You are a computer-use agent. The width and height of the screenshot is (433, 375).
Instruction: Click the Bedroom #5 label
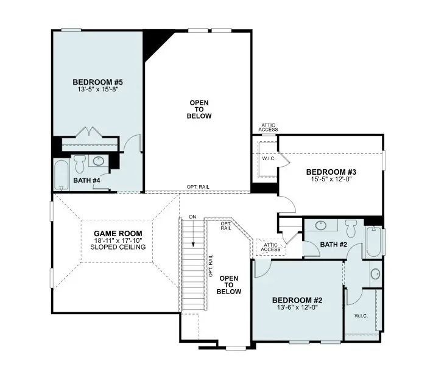pyautogui.click(x=98, y=82)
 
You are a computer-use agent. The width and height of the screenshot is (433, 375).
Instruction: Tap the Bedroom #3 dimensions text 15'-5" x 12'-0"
pyautogui.click(x=331, y=179)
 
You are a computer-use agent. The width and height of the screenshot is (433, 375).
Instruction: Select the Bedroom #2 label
pyautogui.click(x=297, y=300)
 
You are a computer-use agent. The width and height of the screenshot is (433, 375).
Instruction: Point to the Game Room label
pyautogui.click(x=118, y=234)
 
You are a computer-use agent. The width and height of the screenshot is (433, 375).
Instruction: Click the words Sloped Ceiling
pyautogui.click(x=118, y=247)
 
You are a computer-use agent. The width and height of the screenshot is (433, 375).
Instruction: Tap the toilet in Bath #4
pyautogui.click(x=80, y=164)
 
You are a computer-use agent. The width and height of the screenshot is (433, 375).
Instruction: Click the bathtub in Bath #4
pyautogui.click(x=62, y=175)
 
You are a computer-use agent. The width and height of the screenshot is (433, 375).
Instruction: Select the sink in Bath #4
pyautogui.click(x=98, y=161)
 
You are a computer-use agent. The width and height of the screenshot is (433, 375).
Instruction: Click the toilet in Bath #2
pyautogui.click(x=351, y=228)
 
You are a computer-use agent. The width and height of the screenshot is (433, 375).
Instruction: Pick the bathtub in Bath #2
pyautogui.click(x=374, y=242)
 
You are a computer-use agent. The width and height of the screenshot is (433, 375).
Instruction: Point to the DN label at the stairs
pyautogui.click(x=193, y=217)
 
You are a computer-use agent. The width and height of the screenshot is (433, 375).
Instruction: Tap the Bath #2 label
pyautogui.click(x=334, y=244)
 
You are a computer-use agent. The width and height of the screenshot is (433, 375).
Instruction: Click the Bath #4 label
pyautogui.click(x=86, y=180)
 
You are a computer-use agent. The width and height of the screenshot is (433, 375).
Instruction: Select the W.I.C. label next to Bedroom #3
pyautogui.click(x=269, y=159)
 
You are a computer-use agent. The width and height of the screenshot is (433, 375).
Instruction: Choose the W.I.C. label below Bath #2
pyautogui.click(x=361, y=316)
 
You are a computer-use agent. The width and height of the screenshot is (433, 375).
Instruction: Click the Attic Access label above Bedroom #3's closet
pyautogui.click(x=268, y=127)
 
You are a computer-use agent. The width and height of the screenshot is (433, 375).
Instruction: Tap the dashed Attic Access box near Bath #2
pyautogui.click(x=270, y=247)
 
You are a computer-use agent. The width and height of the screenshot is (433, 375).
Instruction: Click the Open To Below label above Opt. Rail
pyautogui.click(x=199, y=110)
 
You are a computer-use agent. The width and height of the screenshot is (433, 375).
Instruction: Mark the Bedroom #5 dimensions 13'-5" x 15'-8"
pyautogui.click(x=98, y=89)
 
